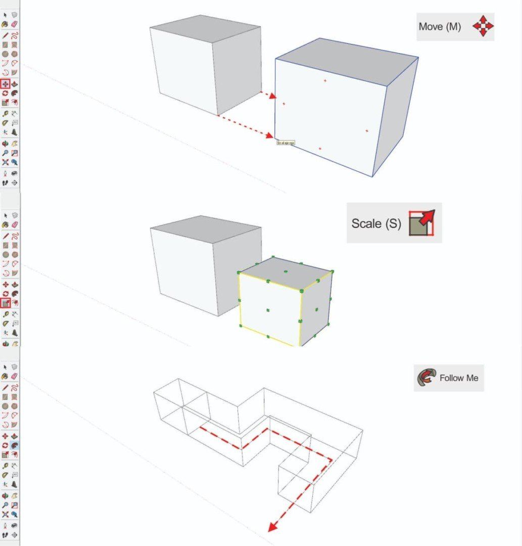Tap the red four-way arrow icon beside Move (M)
point(483,26)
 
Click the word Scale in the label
point(367,223)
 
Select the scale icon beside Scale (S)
point(421,223)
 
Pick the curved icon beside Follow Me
point(425,377)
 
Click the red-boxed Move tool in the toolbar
point(6,84)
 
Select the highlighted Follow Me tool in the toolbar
point(15,445)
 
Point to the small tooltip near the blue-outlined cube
point(286,143)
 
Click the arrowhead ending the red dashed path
point(273,527)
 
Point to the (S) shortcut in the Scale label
point(392,223)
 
